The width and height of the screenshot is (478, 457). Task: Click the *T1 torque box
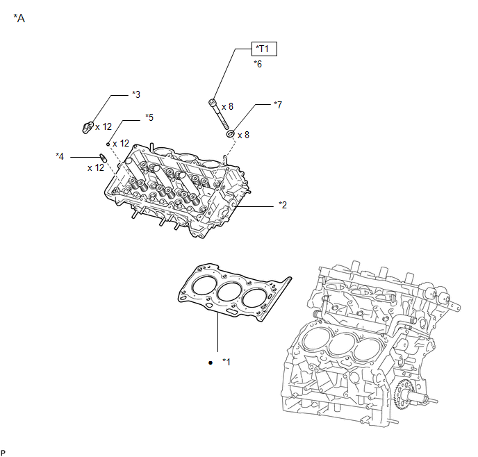[264, 49]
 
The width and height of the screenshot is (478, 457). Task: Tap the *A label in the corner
[19, 18]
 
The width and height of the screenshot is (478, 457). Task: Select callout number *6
[258, 64]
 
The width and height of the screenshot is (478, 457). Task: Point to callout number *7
[278, 105]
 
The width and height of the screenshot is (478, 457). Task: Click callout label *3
[136, 94]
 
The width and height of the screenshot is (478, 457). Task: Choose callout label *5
[149, 117]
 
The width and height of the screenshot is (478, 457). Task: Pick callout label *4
[60, 156]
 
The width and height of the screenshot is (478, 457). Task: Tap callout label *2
[283, 205]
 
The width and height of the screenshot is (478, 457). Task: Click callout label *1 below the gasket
[226, 362]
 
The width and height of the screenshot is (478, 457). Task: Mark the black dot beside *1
[211, 363]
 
